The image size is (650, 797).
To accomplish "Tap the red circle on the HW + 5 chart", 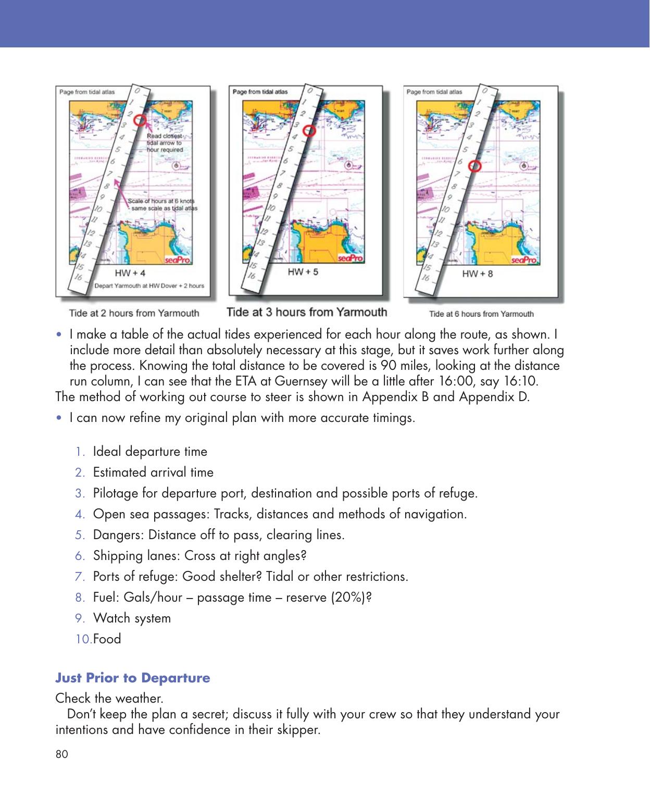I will (309, 131).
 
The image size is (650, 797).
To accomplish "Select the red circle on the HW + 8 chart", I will (474, 166).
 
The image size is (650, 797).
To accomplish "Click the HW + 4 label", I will (130, 273).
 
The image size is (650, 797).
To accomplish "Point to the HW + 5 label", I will (303, 272).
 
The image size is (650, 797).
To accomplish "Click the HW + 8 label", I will (477, 273).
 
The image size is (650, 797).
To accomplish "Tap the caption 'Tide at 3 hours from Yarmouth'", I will (307, 313).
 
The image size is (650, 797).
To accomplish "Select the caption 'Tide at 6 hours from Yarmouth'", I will (481, 314).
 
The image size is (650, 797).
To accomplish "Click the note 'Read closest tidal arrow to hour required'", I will (165, 143).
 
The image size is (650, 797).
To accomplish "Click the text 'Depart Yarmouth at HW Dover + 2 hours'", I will (149, 285).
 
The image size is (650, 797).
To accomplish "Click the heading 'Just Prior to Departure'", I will (133, 678).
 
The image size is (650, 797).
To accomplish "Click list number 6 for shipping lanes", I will (80, 556).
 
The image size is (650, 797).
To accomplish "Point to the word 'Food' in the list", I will (107, 639).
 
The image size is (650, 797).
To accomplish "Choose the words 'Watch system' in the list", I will (132, 618).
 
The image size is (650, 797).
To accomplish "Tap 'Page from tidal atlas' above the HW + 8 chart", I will (434, 92).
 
